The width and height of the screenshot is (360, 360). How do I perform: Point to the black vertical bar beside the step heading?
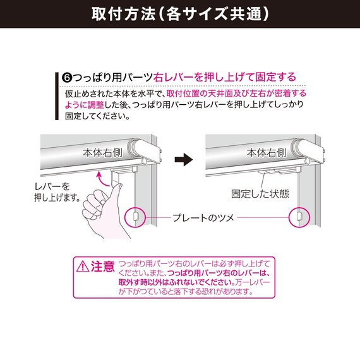pos(56,95)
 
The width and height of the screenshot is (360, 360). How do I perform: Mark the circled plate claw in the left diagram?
pos(135,217)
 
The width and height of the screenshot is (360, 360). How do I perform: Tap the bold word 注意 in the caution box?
pos(102,265)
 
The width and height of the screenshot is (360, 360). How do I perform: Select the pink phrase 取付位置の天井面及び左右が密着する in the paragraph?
pos(236,93)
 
